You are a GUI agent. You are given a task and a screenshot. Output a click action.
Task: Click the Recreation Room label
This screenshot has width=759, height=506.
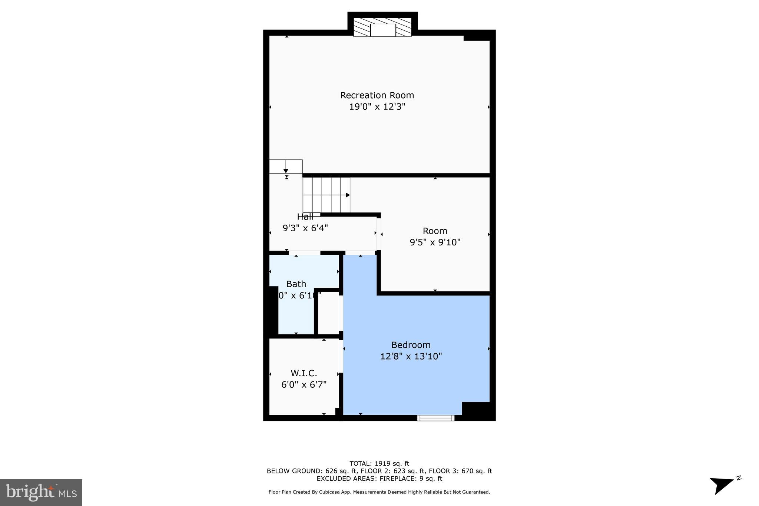[x=377, y=95]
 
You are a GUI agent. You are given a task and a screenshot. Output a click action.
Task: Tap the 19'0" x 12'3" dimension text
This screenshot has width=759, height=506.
[x=377, y=107]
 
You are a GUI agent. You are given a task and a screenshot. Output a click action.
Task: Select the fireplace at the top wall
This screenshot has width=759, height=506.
[x=382, y=27]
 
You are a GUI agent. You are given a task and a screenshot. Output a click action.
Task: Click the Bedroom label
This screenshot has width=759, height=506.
[x=411, y=345]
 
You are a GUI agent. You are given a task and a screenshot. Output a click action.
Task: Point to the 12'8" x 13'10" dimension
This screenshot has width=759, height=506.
[x=411, y=356]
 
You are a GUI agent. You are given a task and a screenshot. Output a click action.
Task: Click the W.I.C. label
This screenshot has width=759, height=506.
[x=304, y=373]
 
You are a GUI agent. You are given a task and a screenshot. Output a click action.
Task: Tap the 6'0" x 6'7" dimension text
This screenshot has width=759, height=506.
[x=304, y=384]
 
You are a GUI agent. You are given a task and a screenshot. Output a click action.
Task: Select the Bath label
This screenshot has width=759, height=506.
[x=296, y=284]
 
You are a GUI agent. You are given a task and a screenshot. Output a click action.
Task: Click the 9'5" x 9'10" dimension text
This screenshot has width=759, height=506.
[x=435, y=242]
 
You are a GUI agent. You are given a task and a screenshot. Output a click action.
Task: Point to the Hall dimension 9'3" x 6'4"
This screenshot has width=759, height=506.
[x=305, y=228]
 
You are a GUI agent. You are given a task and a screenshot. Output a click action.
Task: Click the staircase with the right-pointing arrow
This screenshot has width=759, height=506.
[x=326, y=195]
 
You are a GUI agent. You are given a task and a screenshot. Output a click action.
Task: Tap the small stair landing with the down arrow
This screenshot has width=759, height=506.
[x=285, y=166]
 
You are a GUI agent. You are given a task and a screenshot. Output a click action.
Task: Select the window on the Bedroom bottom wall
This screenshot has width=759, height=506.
[x=435, y=418]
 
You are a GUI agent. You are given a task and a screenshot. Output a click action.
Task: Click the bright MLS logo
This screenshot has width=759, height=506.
[x=41, y=492]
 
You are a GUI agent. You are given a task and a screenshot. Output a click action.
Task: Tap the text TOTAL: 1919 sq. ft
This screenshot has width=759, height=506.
[x=379, y=463]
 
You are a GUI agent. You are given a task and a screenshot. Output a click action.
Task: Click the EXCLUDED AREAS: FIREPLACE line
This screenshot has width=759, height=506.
[x=379, y=478]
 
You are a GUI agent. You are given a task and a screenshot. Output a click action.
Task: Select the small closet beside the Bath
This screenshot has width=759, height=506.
[x=328, y=313]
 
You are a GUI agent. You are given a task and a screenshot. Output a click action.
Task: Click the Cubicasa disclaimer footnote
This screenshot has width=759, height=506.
[x=379, y=492]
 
